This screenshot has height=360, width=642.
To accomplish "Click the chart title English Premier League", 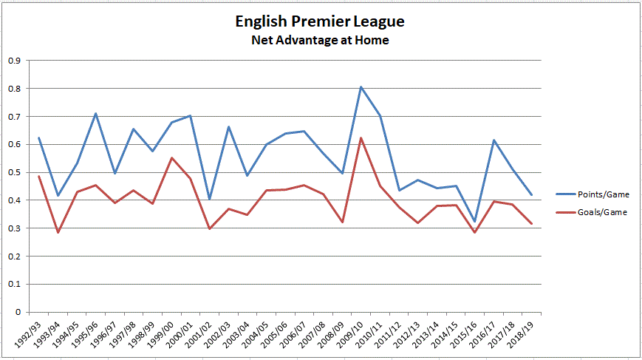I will click(320, 22).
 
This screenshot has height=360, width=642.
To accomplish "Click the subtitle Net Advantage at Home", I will click(320, 41).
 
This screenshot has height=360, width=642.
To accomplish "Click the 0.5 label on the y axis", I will click(14, 172).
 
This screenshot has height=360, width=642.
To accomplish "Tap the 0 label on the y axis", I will click(18, 312).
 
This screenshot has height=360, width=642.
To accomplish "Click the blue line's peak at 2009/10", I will click(361, 87).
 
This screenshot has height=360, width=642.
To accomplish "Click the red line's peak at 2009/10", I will click(361, 137).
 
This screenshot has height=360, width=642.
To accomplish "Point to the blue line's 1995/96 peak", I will click(96, 114).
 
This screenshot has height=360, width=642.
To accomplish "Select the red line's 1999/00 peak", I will click(171, 157).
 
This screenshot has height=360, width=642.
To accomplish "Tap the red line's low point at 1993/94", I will click(58, 232).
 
